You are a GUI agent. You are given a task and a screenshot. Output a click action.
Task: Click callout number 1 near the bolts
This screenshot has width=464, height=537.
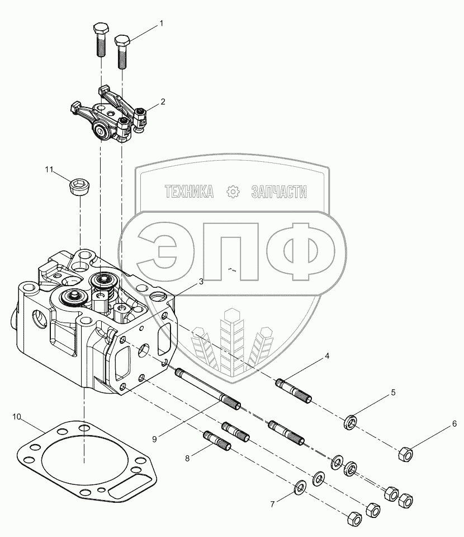(162, 24)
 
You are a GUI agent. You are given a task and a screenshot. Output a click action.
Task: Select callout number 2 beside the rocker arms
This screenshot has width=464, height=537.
(163, 102)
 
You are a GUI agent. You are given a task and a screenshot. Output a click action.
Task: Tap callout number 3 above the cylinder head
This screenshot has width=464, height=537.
(201, 282)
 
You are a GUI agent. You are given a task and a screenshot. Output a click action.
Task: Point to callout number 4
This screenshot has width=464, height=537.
(327, 356)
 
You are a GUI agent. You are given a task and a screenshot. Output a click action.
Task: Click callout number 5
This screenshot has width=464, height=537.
(393, 393)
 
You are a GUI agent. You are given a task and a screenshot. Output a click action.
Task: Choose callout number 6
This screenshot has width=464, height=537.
(454, 424)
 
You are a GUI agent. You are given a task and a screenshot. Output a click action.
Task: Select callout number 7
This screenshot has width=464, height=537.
(272, 505)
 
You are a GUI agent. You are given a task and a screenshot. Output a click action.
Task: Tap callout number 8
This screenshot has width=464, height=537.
(187, 459)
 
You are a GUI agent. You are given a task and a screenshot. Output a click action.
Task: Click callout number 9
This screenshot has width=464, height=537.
(154, 439)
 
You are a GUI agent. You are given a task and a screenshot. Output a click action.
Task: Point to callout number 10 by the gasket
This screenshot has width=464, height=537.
(17, 417)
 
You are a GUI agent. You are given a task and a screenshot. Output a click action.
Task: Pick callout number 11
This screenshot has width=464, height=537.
(49, 170)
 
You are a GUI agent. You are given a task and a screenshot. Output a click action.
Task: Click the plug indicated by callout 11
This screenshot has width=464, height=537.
(79, 188)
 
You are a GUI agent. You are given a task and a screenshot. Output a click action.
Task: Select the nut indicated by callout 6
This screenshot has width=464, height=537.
(405, 454)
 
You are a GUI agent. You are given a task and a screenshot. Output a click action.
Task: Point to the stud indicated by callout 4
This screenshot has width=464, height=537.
(293, 391)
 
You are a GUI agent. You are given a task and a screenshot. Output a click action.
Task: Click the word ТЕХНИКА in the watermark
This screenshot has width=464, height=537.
(189, 192)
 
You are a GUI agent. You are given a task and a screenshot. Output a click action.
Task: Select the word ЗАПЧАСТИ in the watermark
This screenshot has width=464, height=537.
(279, 192)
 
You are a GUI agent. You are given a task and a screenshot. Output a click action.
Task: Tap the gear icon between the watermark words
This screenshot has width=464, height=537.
(233, 192)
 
